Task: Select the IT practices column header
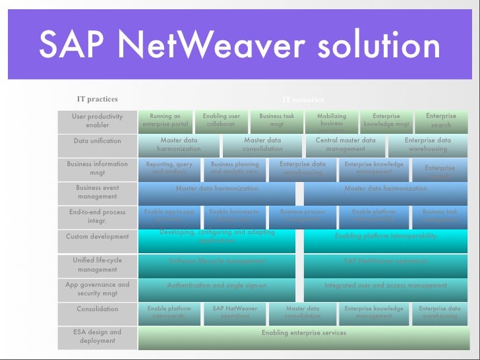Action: tap(98, 100)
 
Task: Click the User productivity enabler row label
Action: tap(98, 121)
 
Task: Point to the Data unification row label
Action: tap(98, 140)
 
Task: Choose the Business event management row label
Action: tap(98, 192)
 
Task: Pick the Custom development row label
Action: tap(98, 236)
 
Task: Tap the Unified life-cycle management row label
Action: tap(98, 264)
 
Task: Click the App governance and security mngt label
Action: tap(98, 289)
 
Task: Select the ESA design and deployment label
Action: tap(98, 336)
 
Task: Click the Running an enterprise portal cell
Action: tap(165, 120)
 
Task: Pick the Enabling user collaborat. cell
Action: tap(221, 120)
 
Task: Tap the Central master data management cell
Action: tap(345, 144)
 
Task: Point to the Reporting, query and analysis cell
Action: tap(169, 168)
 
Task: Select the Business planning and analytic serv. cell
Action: tap(235, 168)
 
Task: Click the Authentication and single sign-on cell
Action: tap(217, 285)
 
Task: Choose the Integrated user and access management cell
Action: tap(385, 285)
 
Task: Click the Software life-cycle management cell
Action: tap(217, 261)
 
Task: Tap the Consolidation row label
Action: tap(98, 309)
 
